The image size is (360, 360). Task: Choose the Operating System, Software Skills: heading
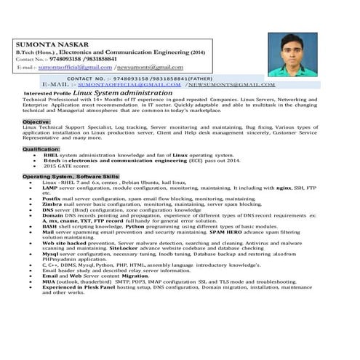click(x=71, y=177)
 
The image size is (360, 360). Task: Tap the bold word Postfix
click(x=52, y=198)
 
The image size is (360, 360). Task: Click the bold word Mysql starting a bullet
click(x=52, y=254)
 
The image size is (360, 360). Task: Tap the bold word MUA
click(x=49, y=281)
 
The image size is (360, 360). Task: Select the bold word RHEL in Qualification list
click(x=52, y=155)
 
